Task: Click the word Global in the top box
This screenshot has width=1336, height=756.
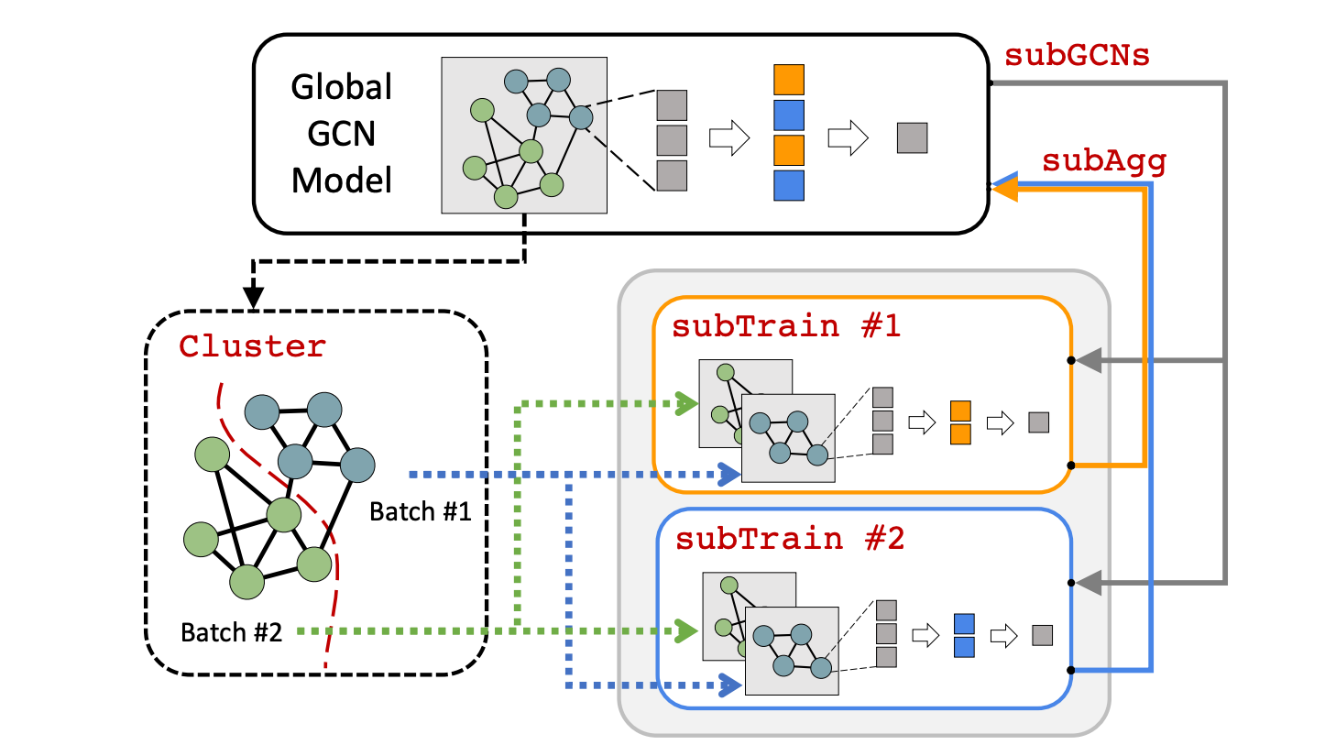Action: [x=341, y=87]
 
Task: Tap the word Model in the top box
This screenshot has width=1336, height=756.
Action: [x=341, y=181]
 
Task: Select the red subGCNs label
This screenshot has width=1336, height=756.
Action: [x=1077, y=56]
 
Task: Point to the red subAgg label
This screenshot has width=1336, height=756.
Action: [x=1104, y=161]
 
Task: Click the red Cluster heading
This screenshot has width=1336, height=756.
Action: [x=252, y=346]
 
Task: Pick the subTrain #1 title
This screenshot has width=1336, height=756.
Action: [x=786, y=326]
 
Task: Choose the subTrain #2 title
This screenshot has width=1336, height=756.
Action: [x=790, y=539]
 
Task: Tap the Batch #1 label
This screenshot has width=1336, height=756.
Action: [x=420, y=511]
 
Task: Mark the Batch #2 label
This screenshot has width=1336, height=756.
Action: [x=231, y=632]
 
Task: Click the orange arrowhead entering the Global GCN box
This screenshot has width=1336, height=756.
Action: [x=1005, y=189]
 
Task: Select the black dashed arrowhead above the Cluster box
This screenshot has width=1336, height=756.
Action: [x=253, y=297]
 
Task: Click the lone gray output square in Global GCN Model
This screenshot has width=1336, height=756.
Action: [x=912, y=137]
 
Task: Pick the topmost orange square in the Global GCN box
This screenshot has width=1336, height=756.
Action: [x=789, y=80]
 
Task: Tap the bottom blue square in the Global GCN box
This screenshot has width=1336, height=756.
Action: [x=789, y=185]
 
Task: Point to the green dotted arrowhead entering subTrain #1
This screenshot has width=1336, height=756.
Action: [x=686, y=403]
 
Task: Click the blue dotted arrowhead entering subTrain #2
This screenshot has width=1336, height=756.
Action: [x=729, y=685]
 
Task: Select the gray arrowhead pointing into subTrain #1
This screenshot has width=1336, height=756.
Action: [x=1089, y=360]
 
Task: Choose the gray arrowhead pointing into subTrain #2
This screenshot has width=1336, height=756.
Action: [x=1089, y=582]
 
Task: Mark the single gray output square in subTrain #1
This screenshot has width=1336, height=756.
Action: [x=1038, y=422]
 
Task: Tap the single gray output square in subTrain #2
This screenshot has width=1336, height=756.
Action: [x=1042, y=635]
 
